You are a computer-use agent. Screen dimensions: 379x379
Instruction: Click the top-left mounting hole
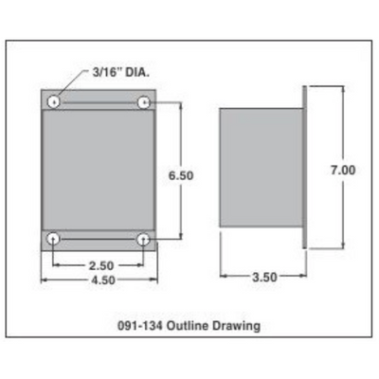click(54, 101)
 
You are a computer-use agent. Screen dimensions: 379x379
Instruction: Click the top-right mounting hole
click(144, 101)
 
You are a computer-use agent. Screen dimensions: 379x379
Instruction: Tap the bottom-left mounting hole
click(54, 239)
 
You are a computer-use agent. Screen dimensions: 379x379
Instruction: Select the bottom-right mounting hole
click(144, 239)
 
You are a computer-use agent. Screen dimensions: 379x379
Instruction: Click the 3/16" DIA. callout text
click(120, 73)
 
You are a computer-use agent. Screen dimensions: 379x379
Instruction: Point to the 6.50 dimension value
click(181, 175)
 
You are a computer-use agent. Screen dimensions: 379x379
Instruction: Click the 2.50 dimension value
click(101, 265)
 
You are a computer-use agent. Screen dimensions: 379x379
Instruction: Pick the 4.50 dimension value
click(103, 280)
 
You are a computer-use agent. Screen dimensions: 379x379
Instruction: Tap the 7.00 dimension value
click(343, 171)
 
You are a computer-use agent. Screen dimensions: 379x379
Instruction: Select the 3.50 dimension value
click(264, 278)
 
